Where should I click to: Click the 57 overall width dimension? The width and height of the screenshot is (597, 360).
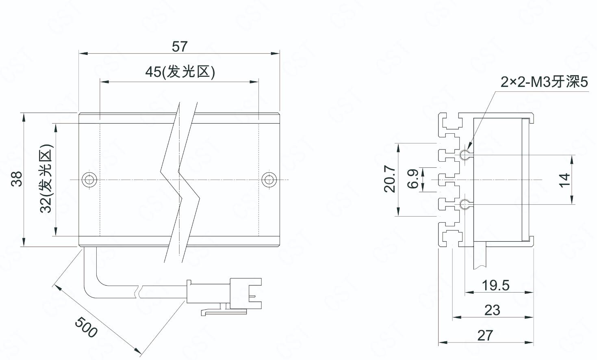pyautogui.click(x=180, y=46)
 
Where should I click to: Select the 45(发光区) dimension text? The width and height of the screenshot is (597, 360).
pyautogui.click(x=180, y=72)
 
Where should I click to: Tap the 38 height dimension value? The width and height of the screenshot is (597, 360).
pyautogui.click(x=17, y=179)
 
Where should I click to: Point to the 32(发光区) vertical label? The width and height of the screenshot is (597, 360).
pyautogui.click(x=46, y=179)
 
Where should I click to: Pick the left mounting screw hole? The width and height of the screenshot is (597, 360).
pyautogui.click(x=89, y=180)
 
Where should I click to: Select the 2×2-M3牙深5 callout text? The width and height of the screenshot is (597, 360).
pyautogui.click(x=544, y=82)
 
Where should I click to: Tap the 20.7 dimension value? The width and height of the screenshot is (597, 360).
pyautogui.click(x=390, y=179)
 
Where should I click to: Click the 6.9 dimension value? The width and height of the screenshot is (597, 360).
pyautogui.click(x=413, y=179)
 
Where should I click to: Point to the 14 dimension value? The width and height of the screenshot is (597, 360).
pyautogui.click(x=564, y=180)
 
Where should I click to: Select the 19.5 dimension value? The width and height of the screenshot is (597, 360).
pyautogui.click(x=495, y=285)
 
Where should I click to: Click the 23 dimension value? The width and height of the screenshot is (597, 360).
pyautogui.click(x=492, y=310)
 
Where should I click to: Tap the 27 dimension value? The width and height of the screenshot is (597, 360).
pyautogui.click(x=485, y=336)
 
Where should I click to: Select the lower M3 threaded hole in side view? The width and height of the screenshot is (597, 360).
pyautogui.click(x=465, y=205)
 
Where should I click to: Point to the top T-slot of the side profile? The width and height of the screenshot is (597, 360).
pyautogui.click(x=451, y=122)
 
